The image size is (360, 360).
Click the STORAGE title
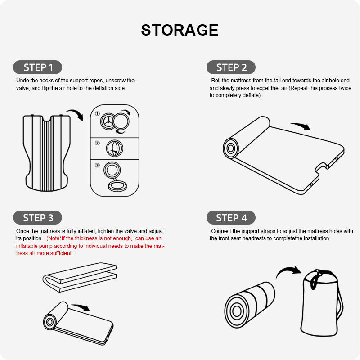180,30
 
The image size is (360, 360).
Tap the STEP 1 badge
38,67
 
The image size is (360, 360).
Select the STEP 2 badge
231,67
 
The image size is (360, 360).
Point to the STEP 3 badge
38,218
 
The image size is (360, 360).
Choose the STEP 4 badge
231,218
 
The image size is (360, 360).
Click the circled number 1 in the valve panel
97,114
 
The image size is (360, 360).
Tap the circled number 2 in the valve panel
97,143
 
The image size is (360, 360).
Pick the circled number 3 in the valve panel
97,165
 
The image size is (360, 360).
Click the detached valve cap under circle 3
117,186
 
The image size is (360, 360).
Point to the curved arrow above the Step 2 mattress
301,126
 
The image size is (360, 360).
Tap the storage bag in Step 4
321,302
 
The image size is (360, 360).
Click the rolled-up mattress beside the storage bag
250,305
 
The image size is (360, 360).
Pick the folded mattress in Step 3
80,277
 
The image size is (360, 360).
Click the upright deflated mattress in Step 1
47,153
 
